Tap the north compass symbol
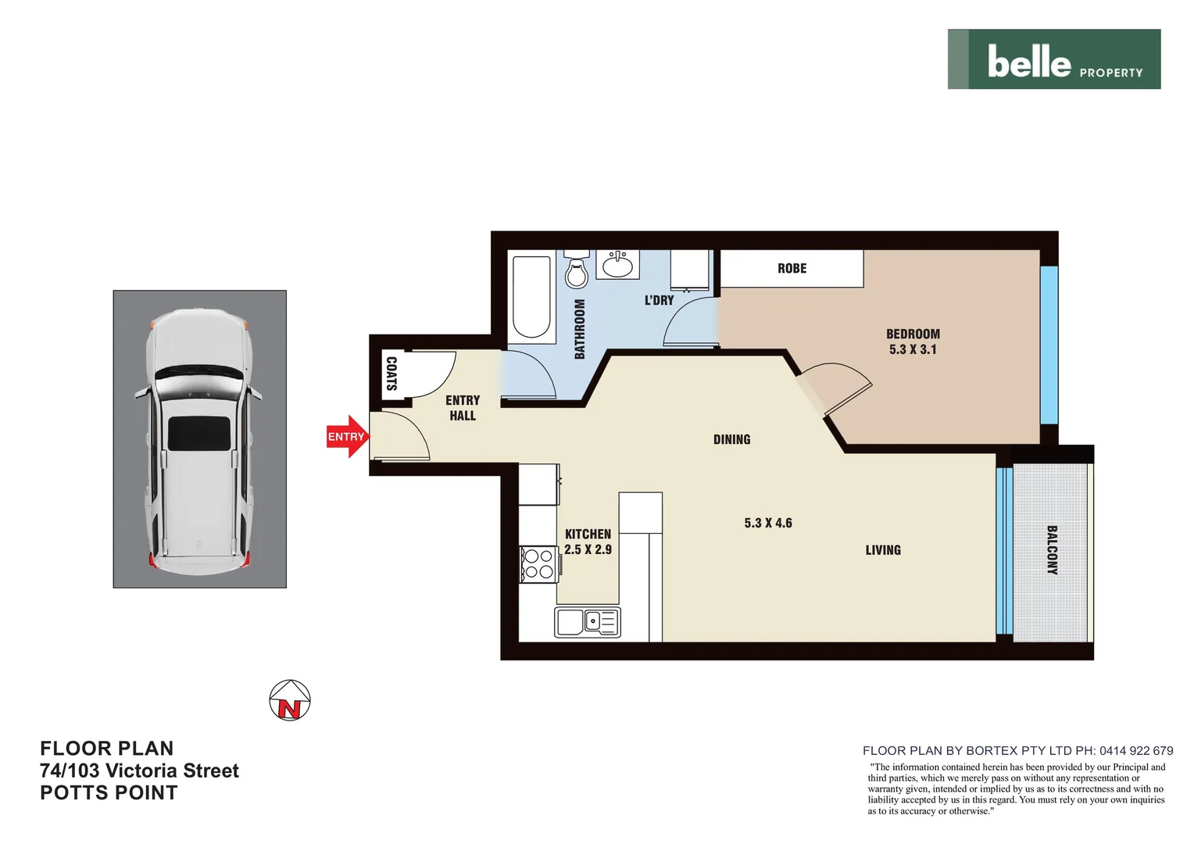pyautogui.click(x=290, y=700)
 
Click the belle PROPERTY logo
pyautogui.click(x=1053, y=59)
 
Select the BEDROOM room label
pyautogui.click(x=913, y=334)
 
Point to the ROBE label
pyautogui.click(x=792, y=268)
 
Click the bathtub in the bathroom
pyautogui.click(x=531, y=297)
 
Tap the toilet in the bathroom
pyautogui.click(x=577, y=272)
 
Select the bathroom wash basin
pyautogui.click(x=617, y=265)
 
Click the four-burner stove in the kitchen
pyautogui.click(x=538, y=564)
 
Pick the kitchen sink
pyautogui.click(x=588, y=622)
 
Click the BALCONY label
pyautogui.click(x=1052, y=550)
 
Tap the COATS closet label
pyautogui.click(x=391, y=374)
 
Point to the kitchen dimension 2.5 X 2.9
pyautogui.click(x=588, y=549)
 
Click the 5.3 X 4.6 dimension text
pyautogui.click(x=768, y=523)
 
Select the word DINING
pyautogui.click(x=731, y=439)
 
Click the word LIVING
pyautogui.click(x=883, y=550)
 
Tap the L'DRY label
pyautogui.click(x=659, y=300)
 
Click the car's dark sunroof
pyautogui.click(x=199, y=433)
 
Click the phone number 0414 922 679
pyautogui.click(x=1136, y=750)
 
